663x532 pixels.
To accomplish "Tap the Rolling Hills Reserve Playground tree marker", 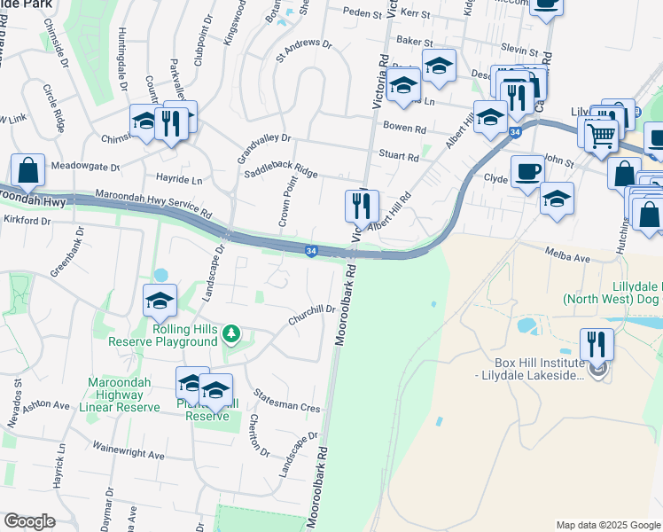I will point(231,333).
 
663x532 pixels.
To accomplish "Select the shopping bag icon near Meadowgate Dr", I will point(27,169).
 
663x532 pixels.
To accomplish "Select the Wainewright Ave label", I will point(129,450).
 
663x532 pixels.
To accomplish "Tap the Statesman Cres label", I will point(285,400).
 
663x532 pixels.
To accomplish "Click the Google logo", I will point(29,521).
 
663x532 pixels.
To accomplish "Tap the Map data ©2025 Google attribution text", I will point(607,525).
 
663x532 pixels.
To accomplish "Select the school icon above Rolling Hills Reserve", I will point(160,300).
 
